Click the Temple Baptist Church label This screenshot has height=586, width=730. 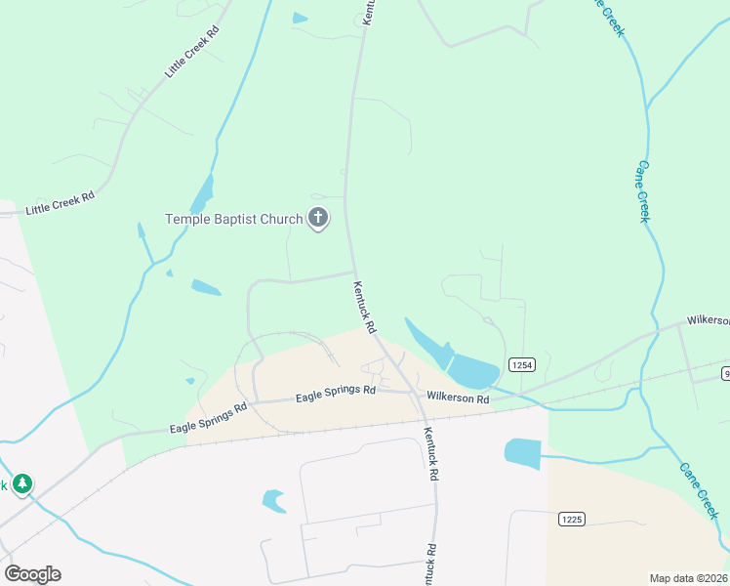coord(234,219)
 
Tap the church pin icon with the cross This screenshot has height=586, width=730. coord(318,219)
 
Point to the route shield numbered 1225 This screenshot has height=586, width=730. coord(572,519)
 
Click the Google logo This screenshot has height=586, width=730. coord(32,573)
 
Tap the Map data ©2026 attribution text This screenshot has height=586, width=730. coord(689,577)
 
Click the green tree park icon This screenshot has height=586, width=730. coord(21,483)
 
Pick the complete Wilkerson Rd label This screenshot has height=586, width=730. coord(458,398)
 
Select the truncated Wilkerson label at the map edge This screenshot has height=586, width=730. coord(708,320)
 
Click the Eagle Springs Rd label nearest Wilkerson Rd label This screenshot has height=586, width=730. coord(336,393)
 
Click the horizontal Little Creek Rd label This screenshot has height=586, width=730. coord(61,202)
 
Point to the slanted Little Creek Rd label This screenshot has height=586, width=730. coord(192,52)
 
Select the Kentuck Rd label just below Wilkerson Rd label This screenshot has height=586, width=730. coord(429,453)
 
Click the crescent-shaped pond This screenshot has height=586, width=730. coord(274,501)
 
